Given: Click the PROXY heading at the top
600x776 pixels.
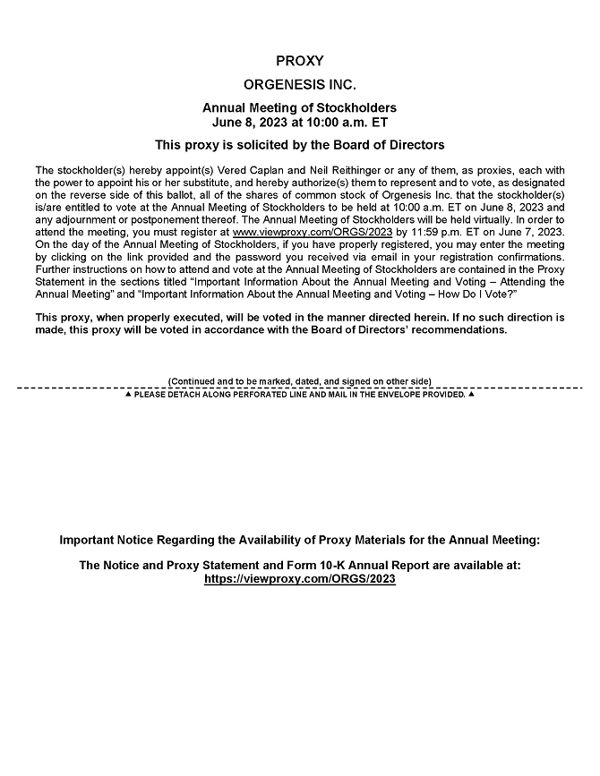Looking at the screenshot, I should (299, 62).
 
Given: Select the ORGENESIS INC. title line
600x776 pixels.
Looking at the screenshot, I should (299, 86).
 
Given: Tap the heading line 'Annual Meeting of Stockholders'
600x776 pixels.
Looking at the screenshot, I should (299, 108).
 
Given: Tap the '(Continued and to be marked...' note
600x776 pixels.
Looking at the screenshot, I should (299, 380).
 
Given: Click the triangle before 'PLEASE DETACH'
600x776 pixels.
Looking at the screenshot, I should (127, 394).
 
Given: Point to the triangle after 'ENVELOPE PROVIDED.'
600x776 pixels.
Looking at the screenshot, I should (471, 394).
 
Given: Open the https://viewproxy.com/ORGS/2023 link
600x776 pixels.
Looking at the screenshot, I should (299, 579).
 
